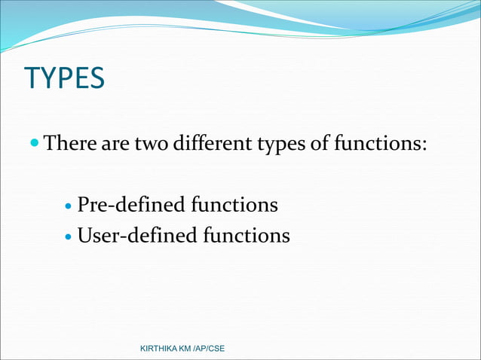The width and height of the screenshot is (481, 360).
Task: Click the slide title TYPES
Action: [x=64, y=78]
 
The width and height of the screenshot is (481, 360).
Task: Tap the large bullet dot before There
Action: [x=35, y=142]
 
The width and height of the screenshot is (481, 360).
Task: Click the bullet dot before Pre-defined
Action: [x=69, y=206]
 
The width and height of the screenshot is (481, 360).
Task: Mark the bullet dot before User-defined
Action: [x=69, y=237]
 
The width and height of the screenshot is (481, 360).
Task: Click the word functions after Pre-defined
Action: [x=234, y=205]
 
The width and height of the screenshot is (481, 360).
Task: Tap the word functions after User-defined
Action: [x=247, y=236]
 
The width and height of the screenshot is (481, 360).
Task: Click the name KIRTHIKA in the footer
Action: [x=163, y=349]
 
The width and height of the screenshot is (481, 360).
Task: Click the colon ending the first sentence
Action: [x=425, y=144]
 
